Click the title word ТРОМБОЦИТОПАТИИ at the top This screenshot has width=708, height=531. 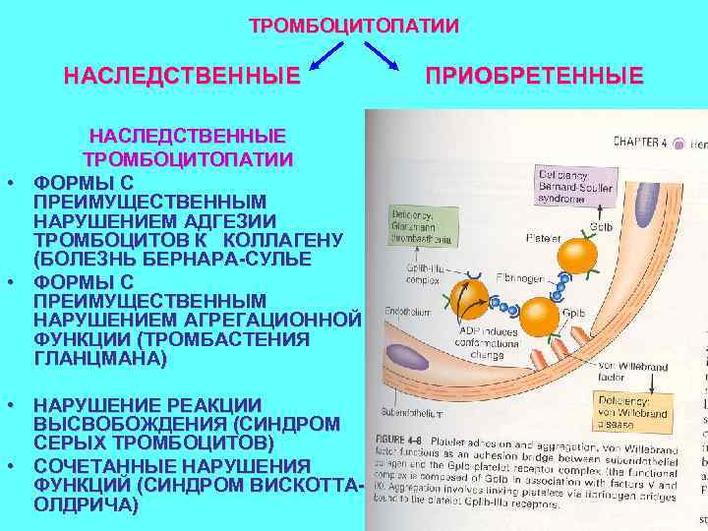pyautogui.click(x=353, y=25)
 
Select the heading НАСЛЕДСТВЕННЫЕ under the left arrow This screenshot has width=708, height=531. pyautogui.click(x=182, y=76)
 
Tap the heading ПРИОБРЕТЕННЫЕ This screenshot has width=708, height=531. pyautogui.click(x=535, y=76)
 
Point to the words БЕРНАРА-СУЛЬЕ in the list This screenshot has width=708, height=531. pyautogui.click(x=246, y=259)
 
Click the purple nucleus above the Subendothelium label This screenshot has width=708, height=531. pyautogui.click(x=404, y=356)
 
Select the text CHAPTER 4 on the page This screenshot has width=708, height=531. pyautogui.click(x=640, y=143)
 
